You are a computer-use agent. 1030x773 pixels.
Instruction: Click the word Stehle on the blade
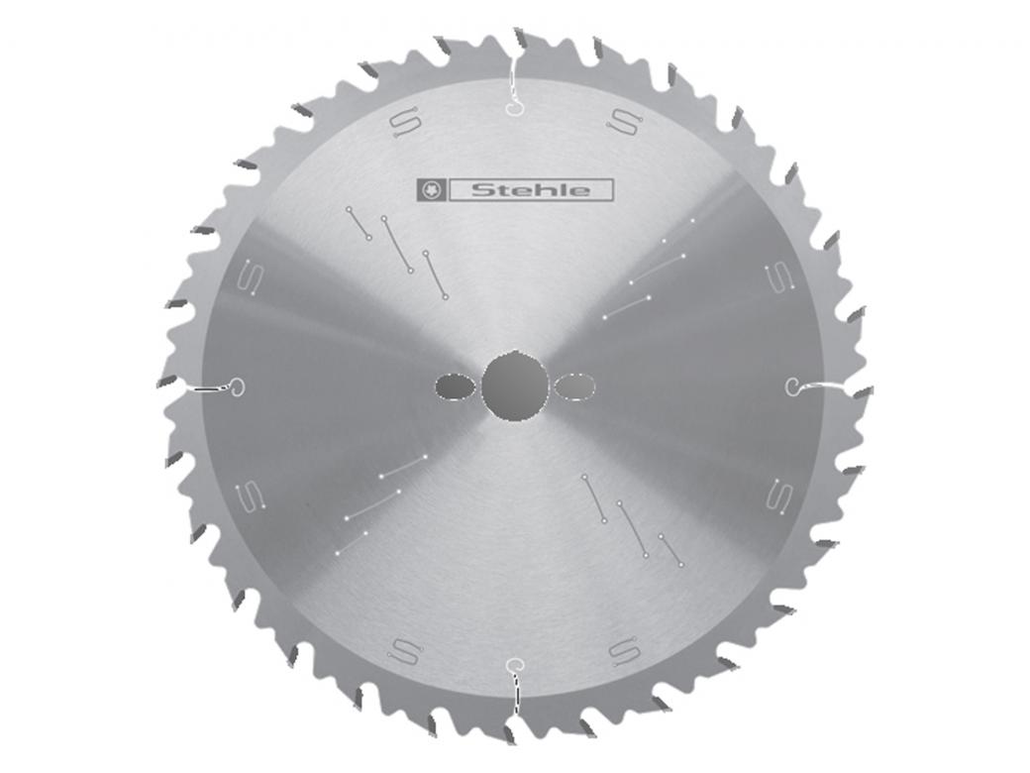[x=531, y=189]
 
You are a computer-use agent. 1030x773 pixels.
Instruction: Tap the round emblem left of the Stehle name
[x=432, y=189]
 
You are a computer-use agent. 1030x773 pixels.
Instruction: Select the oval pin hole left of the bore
[x=454, y=386]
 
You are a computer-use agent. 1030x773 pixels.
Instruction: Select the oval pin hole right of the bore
[x=573, y=386]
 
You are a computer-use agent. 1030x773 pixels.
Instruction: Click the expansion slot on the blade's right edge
[x=814, y=386]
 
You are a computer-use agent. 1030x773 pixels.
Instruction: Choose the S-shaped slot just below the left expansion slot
[x=250, y=494]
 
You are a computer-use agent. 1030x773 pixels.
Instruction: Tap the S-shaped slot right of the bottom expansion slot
[x=623, y=651]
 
